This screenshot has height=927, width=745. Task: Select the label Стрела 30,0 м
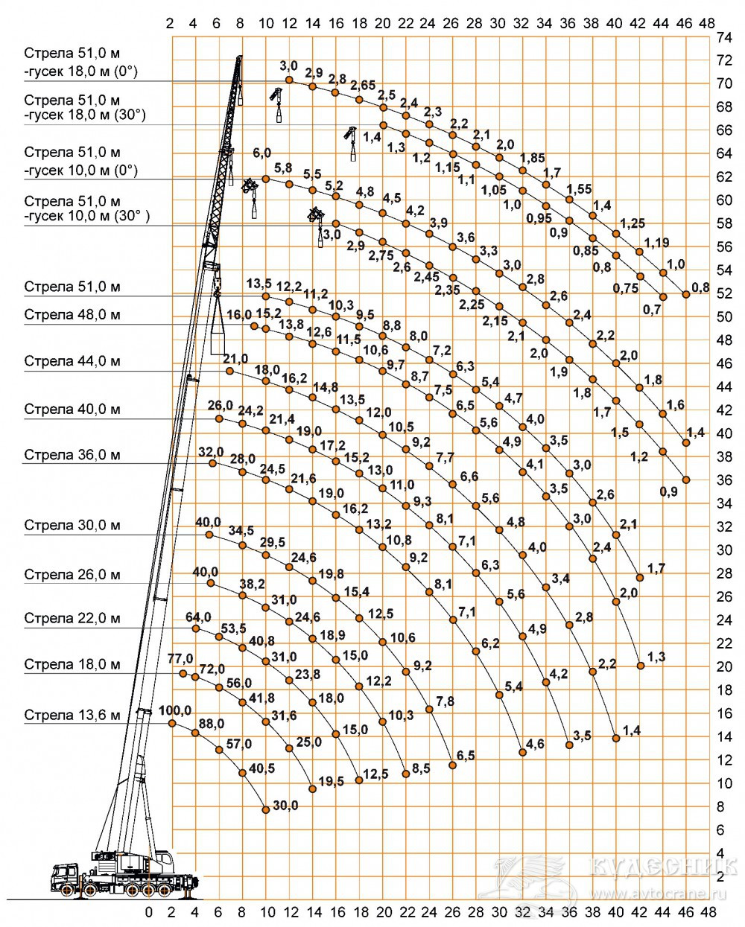pyautogui.click(x=72, y=526)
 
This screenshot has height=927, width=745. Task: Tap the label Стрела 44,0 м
pyautogui.click(x=72, y=362)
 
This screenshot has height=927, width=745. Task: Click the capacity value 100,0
pyautogui.click(x=175, y=710)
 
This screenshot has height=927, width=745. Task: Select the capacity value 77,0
pyautogui.click(x=180, y=659)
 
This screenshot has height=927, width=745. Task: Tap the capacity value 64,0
pyautogui.click(x=198, y=617)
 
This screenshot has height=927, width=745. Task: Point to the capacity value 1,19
pyautogui.click(x=657, y=242)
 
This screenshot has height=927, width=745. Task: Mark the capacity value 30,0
pyautogui.click(x=285, y=806)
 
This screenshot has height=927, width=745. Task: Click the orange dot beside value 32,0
pyautogui.click(x=212, y=463)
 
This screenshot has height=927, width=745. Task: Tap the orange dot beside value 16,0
pyautogui.click(x=254, y=326)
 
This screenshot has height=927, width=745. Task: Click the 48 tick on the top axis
pyautogui.click(x=707, y=23)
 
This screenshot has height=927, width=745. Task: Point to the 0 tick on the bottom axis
pyautogui.click(x=149, y=912)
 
